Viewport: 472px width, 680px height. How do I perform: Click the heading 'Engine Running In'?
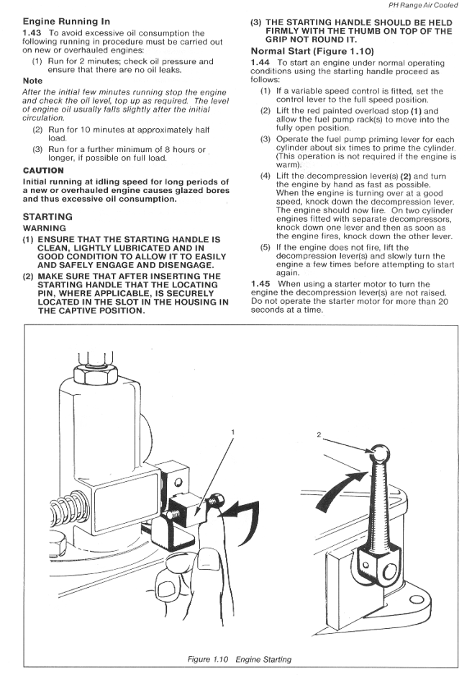[x=66, y=22]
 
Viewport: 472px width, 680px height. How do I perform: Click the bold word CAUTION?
[x=44, y=170]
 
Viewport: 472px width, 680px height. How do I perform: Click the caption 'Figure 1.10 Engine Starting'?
[x=240, y=659]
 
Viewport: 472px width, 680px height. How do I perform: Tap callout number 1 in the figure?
[x=233, y=431]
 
